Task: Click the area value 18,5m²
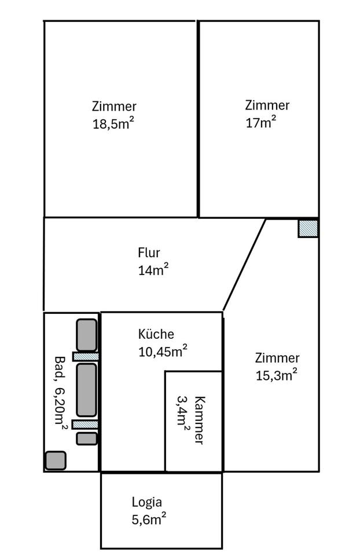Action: tap(113, 123)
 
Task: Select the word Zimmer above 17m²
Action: tap(267, 105)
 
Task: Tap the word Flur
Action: tap(149, 253)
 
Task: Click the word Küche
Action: tap(156, 334)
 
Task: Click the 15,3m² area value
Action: tap(276, 375)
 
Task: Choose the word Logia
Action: tap(147, 503)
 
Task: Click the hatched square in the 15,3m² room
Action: tap(308, 228)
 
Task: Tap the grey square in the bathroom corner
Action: tap(56, 460)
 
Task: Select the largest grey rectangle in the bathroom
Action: tap(87, 389)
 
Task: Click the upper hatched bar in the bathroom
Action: tap(86, 356)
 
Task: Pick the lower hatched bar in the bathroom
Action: tap(86, 425)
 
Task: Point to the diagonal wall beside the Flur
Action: tap(244, 265)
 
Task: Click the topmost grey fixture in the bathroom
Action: tap(87, 335)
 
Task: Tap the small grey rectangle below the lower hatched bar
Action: tap(87, 438)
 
